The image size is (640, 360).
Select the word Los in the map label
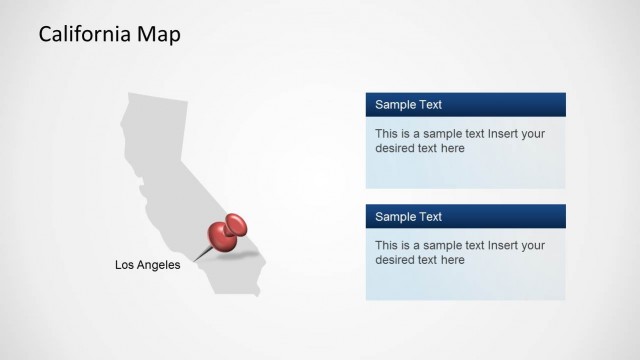[125, 265]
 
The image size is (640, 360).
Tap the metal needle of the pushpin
[202, 254]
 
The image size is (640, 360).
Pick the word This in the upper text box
[387, 133]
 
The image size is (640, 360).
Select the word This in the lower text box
[387, 245]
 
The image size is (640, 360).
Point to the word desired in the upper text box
[396, 148]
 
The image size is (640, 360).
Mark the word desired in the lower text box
[396, 260]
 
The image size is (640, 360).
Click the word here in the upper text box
[452, 148]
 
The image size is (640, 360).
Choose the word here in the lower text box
[452, 260]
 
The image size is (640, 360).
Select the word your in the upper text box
[533, 133]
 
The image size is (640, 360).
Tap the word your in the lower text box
[533, 245]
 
